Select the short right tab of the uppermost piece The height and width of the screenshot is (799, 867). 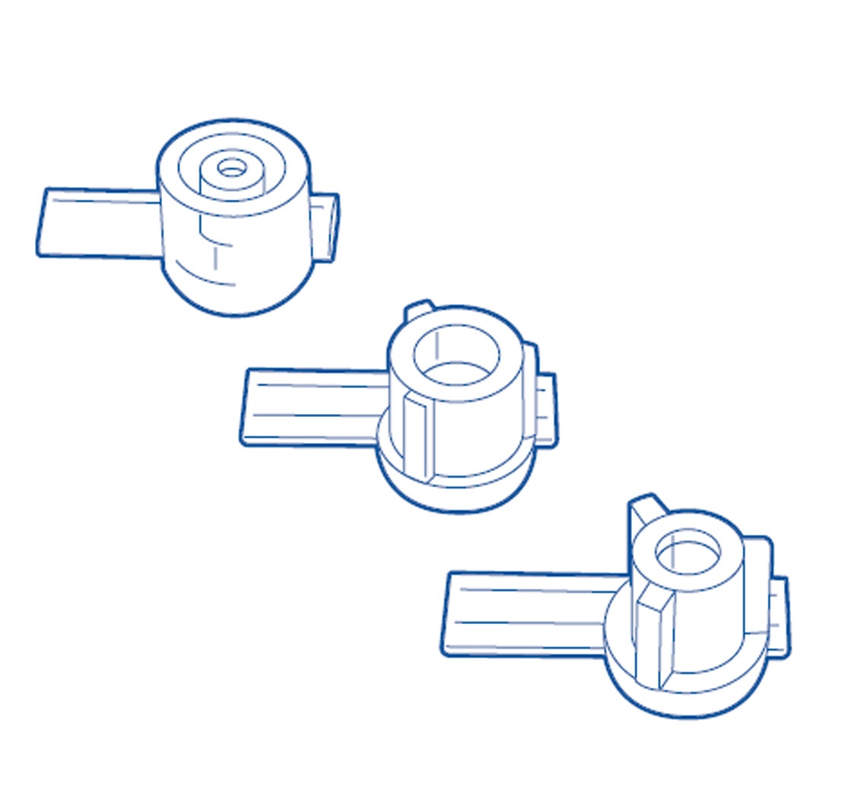point(325,227)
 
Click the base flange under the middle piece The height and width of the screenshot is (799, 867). point(456,495)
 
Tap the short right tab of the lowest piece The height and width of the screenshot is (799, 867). point(779,616)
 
